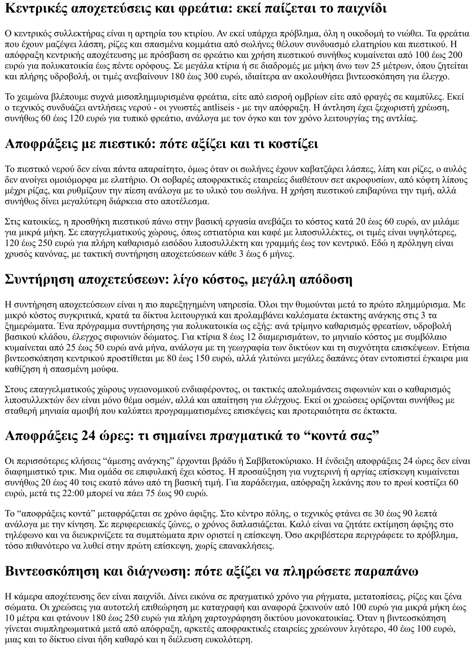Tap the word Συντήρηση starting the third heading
(x=39, y=279)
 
